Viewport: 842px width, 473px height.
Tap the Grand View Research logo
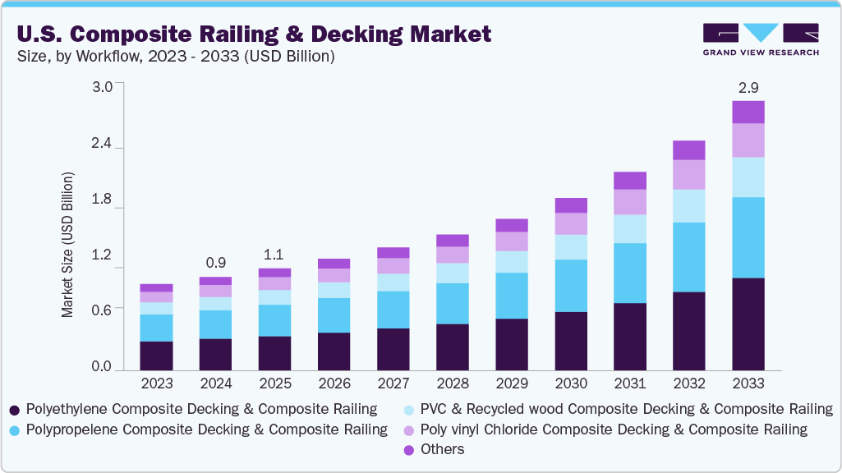pos(760,39)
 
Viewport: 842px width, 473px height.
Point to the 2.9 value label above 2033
pos(748,86)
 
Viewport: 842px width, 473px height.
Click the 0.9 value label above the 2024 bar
pos(215,263)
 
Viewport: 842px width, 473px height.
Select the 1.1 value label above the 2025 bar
pos(274,254)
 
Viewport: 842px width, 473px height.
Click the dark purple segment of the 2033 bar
pos(748,324)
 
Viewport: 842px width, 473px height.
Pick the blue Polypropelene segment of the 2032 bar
pos(688,257)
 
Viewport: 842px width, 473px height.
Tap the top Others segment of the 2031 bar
pos(629,181)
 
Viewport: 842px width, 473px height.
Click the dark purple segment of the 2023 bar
pos(156,356)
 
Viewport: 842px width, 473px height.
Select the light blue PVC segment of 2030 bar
pos(570,247)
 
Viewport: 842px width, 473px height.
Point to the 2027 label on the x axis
pos(393,383)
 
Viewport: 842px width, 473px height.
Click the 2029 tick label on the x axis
pos(511,383)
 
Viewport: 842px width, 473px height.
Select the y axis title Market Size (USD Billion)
pos(67,245)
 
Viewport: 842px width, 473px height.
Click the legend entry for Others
pos(441,449)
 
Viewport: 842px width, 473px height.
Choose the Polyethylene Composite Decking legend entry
pos(201,409)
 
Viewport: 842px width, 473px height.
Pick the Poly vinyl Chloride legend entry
pos(613,429)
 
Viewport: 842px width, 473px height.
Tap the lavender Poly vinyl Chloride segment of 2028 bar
pos(452,255)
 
